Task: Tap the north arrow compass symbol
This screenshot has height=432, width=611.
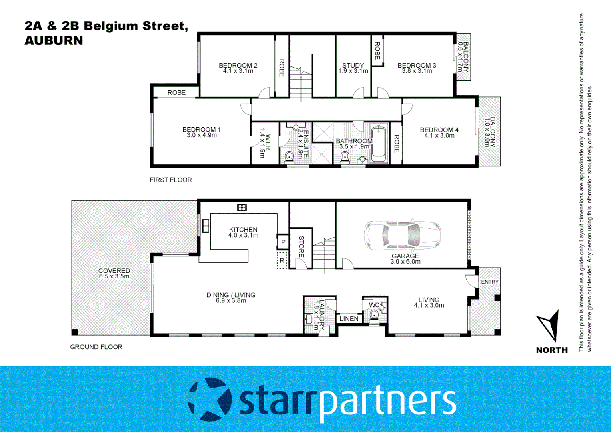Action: click(549, 325)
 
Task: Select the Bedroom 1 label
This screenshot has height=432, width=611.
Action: click(201, 130)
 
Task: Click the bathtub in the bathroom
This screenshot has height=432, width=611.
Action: click(379, 144)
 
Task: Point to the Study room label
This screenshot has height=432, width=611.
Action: click(353, 65)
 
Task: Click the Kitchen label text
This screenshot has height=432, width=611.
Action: click(243, 230)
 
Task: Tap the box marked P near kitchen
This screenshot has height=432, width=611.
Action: click(283, 242)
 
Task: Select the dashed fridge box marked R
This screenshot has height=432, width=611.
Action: click(282, 260)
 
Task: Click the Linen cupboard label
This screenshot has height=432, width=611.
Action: click(349, 319)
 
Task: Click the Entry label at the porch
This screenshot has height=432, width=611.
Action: click(489, 282)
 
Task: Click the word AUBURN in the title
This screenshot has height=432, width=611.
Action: click(54, 41)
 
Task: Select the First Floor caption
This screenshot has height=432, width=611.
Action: click(171, 180)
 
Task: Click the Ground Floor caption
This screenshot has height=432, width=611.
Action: click(96, 347)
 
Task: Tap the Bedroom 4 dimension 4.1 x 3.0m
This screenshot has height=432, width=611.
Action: click(439, 136)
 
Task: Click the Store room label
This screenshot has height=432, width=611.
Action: click(301, 246)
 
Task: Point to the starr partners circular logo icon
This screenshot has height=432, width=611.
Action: click(210, 399)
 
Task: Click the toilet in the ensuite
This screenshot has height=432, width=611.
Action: click(289, 156)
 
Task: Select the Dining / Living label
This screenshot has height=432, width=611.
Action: click(231, 295)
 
